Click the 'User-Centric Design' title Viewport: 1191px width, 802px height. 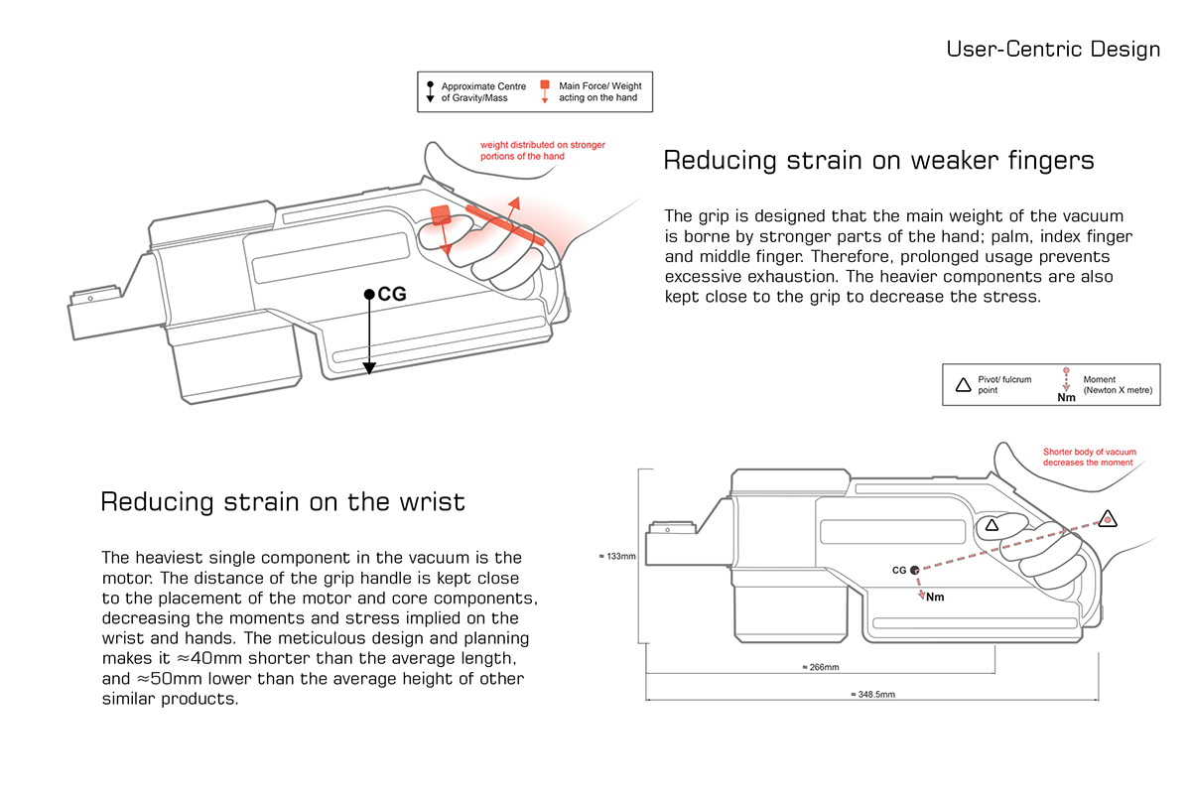point(1052,49)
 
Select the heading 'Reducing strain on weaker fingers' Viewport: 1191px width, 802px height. point(878,160)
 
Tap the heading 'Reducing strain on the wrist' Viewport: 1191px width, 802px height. point(283,501)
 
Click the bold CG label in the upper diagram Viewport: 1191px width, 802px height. point(392,295)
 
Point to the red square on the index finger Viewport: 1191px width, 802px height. point(442,216)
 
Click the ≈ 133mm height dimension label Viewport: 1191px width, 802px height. point(616,556)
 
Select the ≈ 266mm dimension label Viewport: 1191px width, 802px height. point(820,667)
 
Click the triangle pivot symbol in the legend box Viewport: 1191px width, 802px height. point(963,384)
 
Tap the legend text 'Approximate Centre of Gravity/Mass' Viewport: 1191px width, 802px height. point(483,92)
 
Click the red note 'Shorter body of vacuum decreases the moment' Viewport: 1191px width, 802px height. point(1089,457)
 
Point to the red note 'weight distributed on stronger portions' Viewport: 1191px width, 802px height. point(542,150)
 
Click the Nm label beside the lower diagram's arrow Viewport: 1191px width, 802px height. point(935,598)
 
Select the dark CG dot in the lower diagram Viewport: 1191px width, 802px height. point(915,570)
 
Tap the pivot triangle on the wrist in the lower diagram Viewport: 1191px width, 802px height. point(1107,518)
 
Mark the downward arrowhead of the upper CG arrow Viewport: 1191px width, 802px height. point(369,368)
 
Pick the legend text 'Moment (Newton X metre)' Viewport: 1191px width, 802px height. point(1118,384)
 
